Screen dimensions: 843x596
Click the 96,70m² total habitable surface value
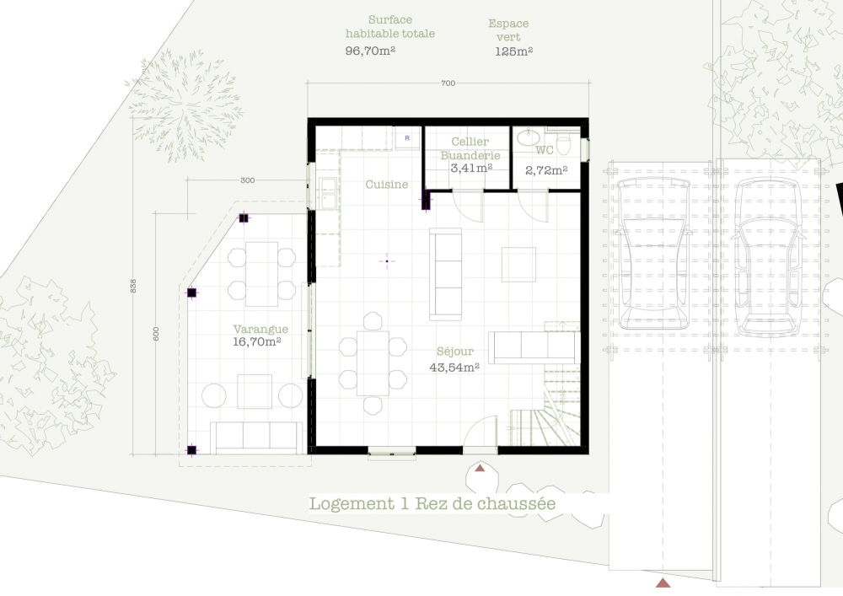click(x=370, y=51)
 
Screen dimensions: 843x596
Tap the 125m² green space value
click(x=514, y=51)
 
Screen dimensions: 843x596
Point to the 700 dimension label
click(x=448, y=83)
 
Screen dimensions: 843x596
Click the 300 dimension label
click(x=247, y=180)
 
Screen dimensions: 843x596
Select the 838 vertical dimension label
click(x=133, y=286)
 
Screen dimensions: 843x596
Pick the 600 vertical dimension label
click(x=156, y=334)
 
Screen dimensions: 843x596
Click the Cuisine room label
click(x=387, y=185)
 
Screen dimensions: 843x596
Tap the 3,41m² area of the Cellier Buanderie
click(x=471, y=169)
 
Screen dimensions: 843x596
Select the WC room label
click(x=544, y=150)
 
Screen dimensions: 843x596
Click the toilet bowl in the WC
click(x=563, y=144)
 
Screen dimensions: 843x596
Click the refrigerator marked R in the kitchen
click(x=407, y=138)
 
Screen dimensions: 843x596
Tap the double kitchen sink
click(x=327, y=192)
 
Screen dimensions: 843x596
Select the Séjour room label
click(x=455, y=352)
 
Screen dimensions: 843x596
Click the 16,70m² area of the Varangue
click(x=257, y=341)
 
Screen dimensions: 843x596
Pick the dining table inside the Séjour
click(x=373, y=363)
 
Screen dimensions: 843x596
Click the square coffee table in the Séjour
click(x=518, y=265)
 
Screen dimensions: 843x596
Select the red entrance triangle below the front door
click(x=480, y=469)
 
